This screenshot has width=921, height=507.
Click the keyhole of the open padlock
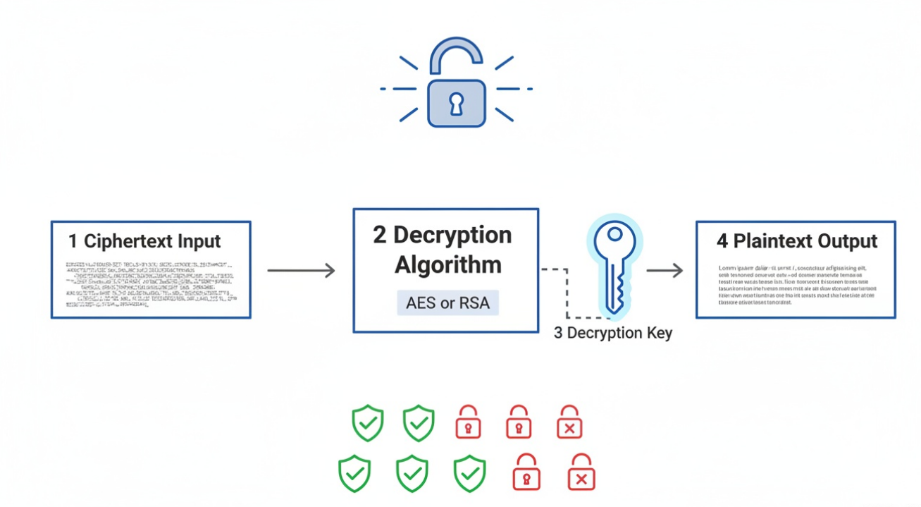(457, 104)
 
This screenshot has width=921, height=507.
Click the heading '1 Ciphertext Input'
(145, 241)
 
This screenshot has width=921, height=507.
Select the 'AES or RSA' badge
(448, 303)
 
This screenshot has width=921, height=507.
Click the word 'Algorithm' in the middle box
(448, 266)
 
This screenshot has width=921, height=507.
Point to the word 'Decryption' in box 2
(453, 235)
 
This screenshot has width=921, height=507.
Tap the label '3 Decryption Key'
(612, 333)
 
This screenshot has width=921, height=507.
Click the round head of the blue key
(614, 243)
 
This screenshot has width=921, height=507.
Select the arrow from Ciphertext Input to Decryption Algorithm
(302, 270)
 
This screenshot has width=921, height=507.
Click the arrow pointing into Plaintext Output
(665, 270)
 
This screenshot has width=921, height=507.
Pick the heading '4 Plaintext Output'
(797, 241)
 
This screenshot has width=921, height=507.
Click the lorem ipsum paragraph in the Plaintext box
(796, 285)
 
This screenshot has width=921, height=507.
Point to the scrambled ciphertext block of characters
(149, 285)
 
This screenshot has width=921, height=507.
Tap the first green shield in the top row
(368, 423)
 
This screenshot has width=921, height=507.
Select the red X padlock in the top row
(569, 423)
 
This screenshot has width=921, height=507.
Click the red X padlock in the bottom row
(581, 473)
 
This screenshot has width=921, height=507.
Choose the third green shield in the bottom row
(469, 473)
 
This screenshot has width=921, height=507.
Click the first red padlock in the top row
(468, 423)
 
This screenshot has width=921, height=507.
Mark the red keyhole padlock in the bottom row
(526, 473)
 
